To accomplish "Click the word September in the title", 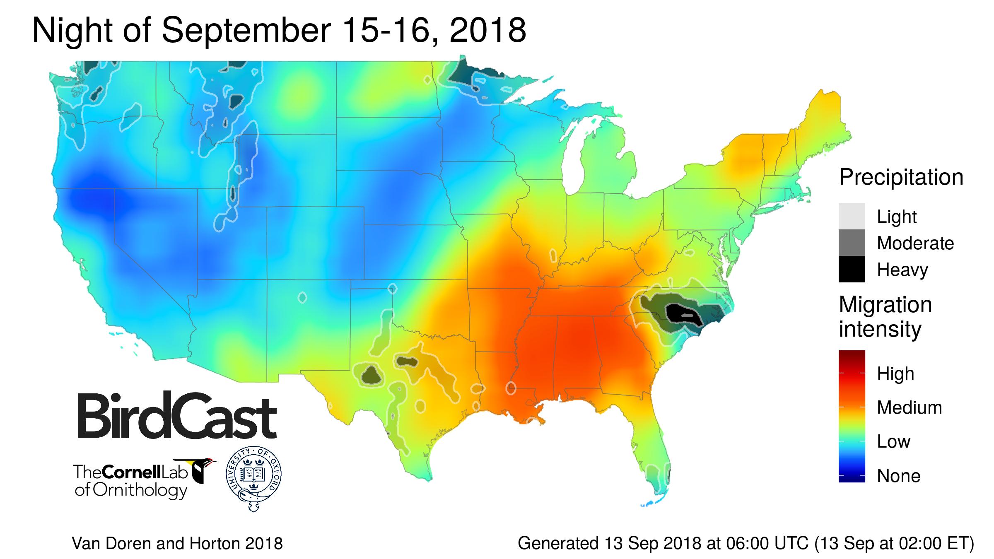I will coord(246,31).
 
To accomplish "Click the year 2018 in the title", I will coord(487,31).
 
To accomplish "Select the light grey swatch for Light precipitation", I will coord(852,216).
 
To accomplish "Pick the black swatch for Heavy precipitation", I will coord(852,269).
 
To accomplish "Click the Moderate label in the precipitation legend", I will coord(915,243).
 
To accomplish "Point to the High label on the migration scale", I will coord(895,374).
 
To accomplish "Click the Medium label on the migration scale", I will coord(909,408).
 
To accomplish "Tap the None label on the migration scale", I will coord(898,476).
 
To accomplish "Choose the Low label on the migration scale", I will coord(893,442).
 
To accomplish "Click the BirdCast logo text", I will coord(177,415).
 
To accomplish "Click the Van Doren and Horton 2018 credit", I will coord(177,543).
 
